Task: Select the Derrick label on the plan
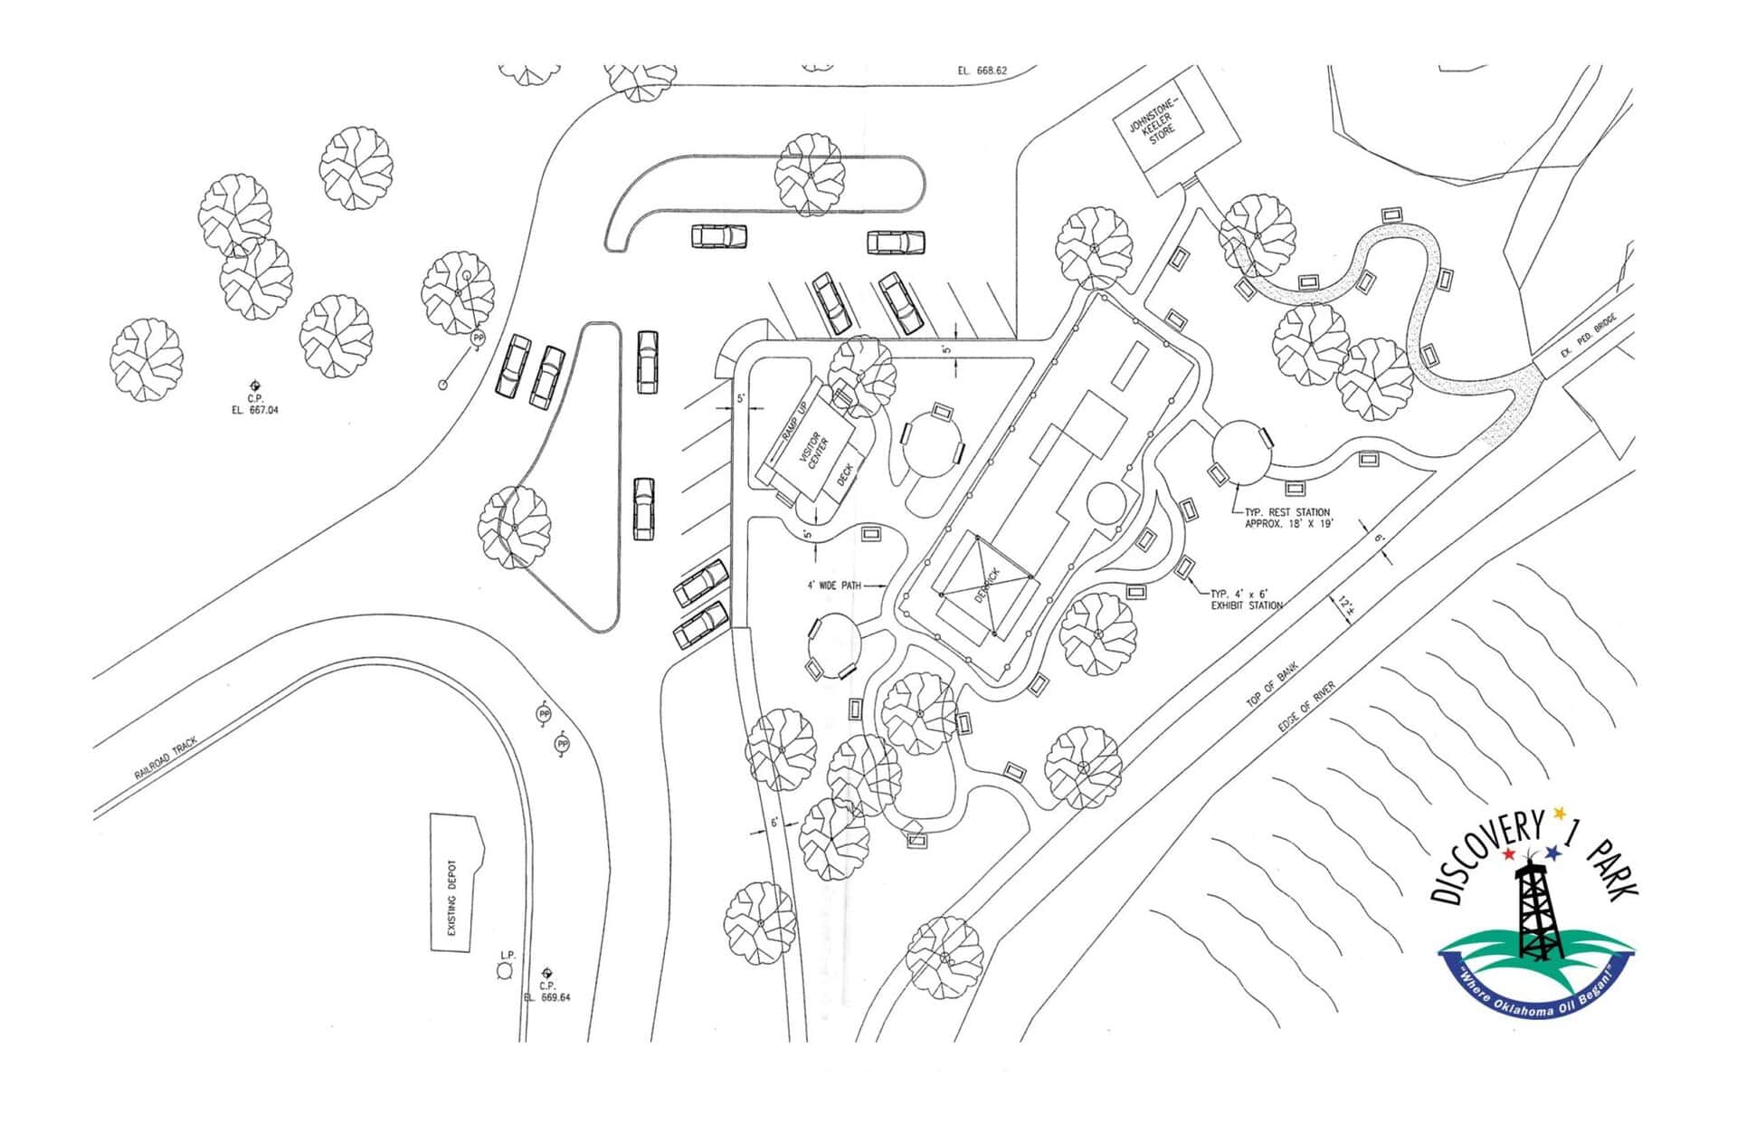(989, 586)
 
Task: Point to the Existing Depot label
(452, 899)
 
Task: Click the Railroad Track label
(165, 758)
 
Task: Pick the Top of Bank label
(1272, 685)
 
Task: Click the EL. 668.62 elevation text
(982, 70)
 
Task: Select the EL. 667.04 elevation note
(255, 410)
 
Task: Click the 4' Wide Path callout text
(834, 586)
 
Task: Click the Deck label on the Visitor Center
(845, 474)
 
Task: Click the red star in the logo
(1508, 854)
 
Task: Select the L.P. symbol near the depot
(504, 971)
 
